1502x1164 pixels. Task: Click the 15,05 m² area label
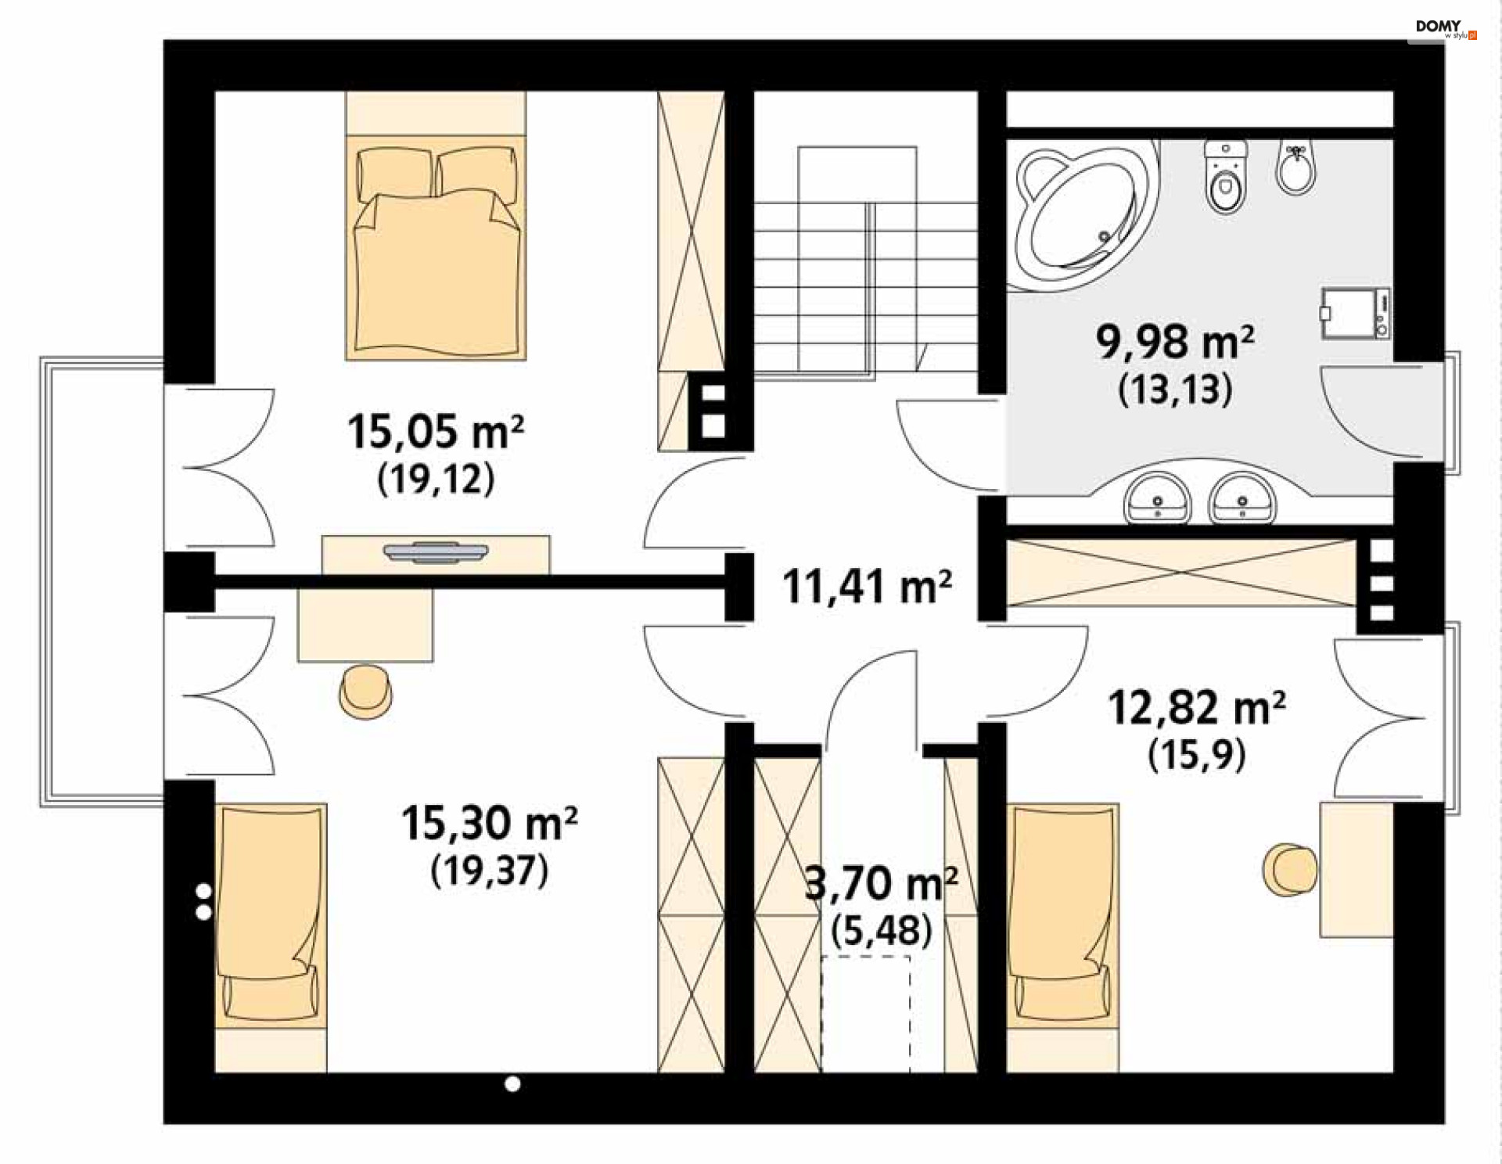tap(436, 431)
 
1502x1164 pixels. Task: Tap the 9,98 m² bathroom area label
tap(1175, 342)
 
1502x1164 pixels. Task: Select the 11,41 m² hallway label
tap(868, 587)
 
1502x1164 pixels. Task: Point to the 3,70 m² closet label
tap(882, 883)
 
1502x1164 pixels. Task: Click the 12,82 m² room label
tap(1197, 708)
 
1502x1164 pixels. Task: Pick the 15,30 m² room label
tap(490, 823)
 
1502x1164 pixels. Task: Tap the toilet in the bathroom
tap(1225, 178)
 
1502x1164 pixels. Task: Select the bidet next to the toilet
tap(1296, 167)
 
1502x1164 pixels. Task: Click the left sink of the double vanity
tap(1157, 498)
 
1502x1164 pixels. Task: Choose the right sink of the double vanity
tap(1242, 498)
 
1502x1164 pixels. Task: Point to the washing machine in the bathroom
tap(1356, 314)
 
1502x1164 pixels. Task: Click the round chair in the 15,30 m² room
tap(365, 692)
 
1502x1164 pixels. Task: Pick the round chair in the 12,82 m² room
tap(1290, 869)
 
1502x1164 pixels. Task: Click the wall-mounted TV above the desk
tap(436, 552)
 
